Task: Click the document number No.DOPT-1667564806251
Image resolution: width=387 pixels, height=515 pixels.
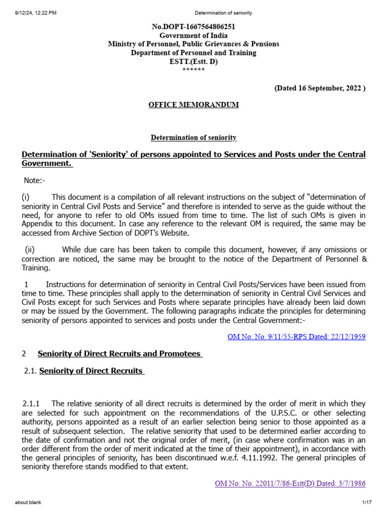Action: point(193,27)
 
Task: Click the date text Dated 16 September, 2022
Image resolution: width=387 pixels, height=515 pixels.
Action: point(319,88)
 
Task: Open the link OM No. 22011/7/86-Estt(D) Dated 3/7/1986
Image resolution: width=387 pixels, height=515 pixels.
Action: point(290,483)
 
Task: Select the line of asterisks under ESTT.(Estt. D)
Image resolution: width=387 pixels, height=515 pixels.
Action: point(193,69)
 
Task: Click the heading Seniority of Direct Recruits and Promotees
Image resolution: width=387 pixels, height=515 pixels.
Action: point(120,354)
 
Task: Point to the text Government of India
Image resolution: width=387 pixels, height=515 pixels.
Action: point(193,35)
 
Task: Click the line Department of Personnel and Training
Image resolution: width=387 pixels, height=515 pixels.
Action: point(193,52)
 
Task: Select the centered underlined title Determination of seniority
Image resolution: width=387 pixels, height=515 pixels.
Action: point(193,137)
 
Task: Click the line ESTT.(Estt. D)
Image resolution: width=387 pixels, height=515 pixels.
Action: point(193,61)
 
